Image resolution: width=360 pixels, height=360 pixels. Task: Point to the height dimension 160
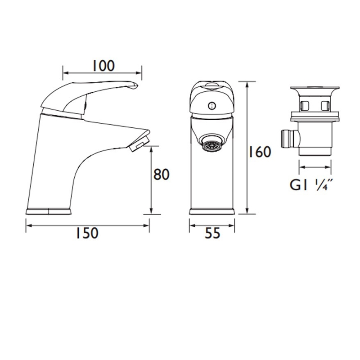click(x=261, y=152)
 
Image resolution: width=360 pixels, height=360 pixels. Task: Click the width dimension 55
click(x=211, y=233)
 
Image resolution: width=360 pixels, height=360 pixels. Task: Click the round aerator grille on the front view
click(x=211, y=144)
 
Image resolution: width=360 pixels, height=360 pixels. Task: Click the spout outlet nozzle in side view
click(x=137, y=145)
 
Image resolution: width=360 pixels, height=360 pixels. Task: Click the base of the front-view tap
click(x=211, y=211)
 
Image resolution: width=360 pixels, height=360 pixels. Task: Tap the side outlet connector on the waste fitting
click(x=287, y=137)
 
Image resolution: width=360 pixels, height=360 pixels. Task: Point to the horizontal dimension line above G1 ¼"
click(x=315, y=167)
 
